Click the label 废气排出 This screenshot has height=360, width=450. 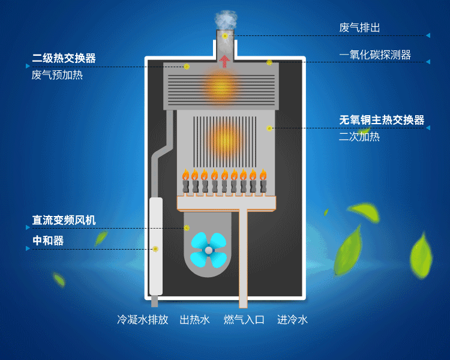[359, 28]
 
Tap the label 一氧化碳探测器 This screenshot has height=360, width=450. [374, 55]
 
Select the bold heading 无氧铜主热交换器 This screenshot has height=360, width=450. [381, 120]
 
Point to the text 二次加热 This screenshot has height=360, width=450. [359, 137]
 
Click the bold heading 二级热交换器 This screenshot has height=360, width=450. [64, 58]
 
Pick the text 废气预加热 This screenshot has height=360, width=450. [57, 75]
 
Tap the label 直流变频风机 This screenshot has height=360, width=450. [64, 220]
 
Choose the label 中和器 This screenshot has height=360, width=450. [48, 241]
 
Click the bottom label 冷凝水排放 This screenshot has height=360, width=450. [142, 320]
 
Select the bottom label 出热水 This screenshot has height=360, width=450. [194, 320]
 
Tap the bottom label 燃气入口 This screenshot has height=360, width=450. [244, 320]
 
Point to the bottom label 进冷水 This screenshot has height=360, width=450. [292, 320]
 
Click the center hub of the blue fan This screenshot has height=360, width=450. [208, 250]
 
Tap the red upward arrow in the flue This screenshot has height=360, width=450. [225, 61]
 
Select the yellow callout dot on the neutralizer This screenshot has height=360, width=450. [155, 248]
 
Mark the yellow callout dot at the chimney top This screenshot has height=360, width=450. [225, 36]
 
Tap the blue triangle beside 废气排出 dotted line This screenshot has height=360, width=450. [428, 35]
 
